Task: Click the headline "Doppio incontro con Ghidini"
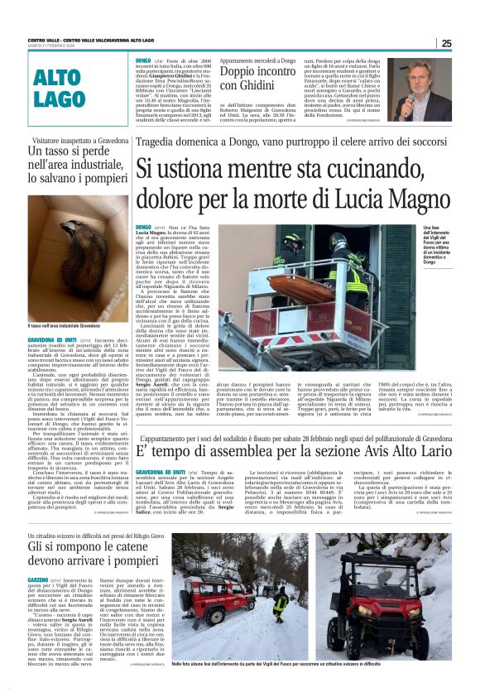256,79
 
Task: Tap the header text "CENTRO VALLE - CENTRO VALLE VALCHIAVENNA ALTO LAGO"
92,41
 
